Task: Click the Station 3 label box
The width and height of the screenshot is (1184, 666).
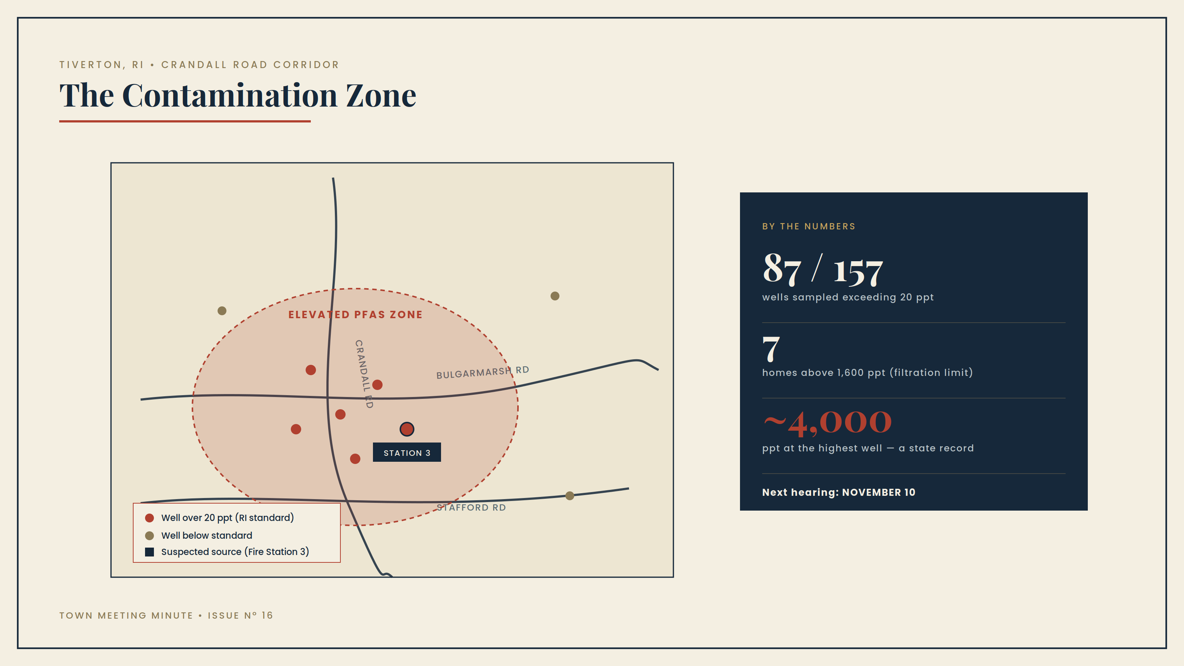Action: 407,452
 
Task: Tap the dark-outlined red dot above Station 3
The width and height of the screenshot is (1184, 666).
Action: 407,429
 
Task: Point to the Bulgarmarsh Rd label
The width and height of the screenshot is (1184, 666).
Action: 482,372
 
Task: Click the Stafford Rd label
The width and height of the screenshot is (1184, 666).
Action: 471,507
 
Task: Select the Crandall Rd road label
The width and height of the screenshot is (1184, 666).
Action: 364,374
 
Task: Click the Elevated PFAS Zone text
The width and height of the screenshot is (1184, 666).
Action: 355,314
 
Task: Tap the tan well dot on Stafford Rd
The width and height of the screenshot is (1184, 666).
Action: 569,495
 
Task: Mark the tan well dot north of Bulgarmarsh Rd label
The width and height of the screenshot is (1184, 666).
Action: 555,296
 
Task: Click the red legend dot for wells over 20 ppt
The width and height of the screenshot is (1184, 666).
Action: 149,518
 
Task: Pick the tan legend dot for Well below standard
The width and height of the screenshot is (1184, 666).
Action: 149,535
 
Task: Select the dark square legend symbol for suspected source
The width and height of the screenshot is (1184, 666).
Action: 149,552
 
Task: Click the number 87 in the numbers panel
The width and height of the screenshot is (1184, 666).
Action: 782,269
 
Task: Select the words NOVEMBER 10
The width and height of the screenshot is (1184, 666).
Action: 879,492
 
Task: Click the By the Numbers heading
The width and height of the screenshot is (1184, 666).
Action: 809,226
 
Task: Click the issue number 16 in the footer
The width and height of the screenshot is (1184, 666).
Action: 267,615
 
